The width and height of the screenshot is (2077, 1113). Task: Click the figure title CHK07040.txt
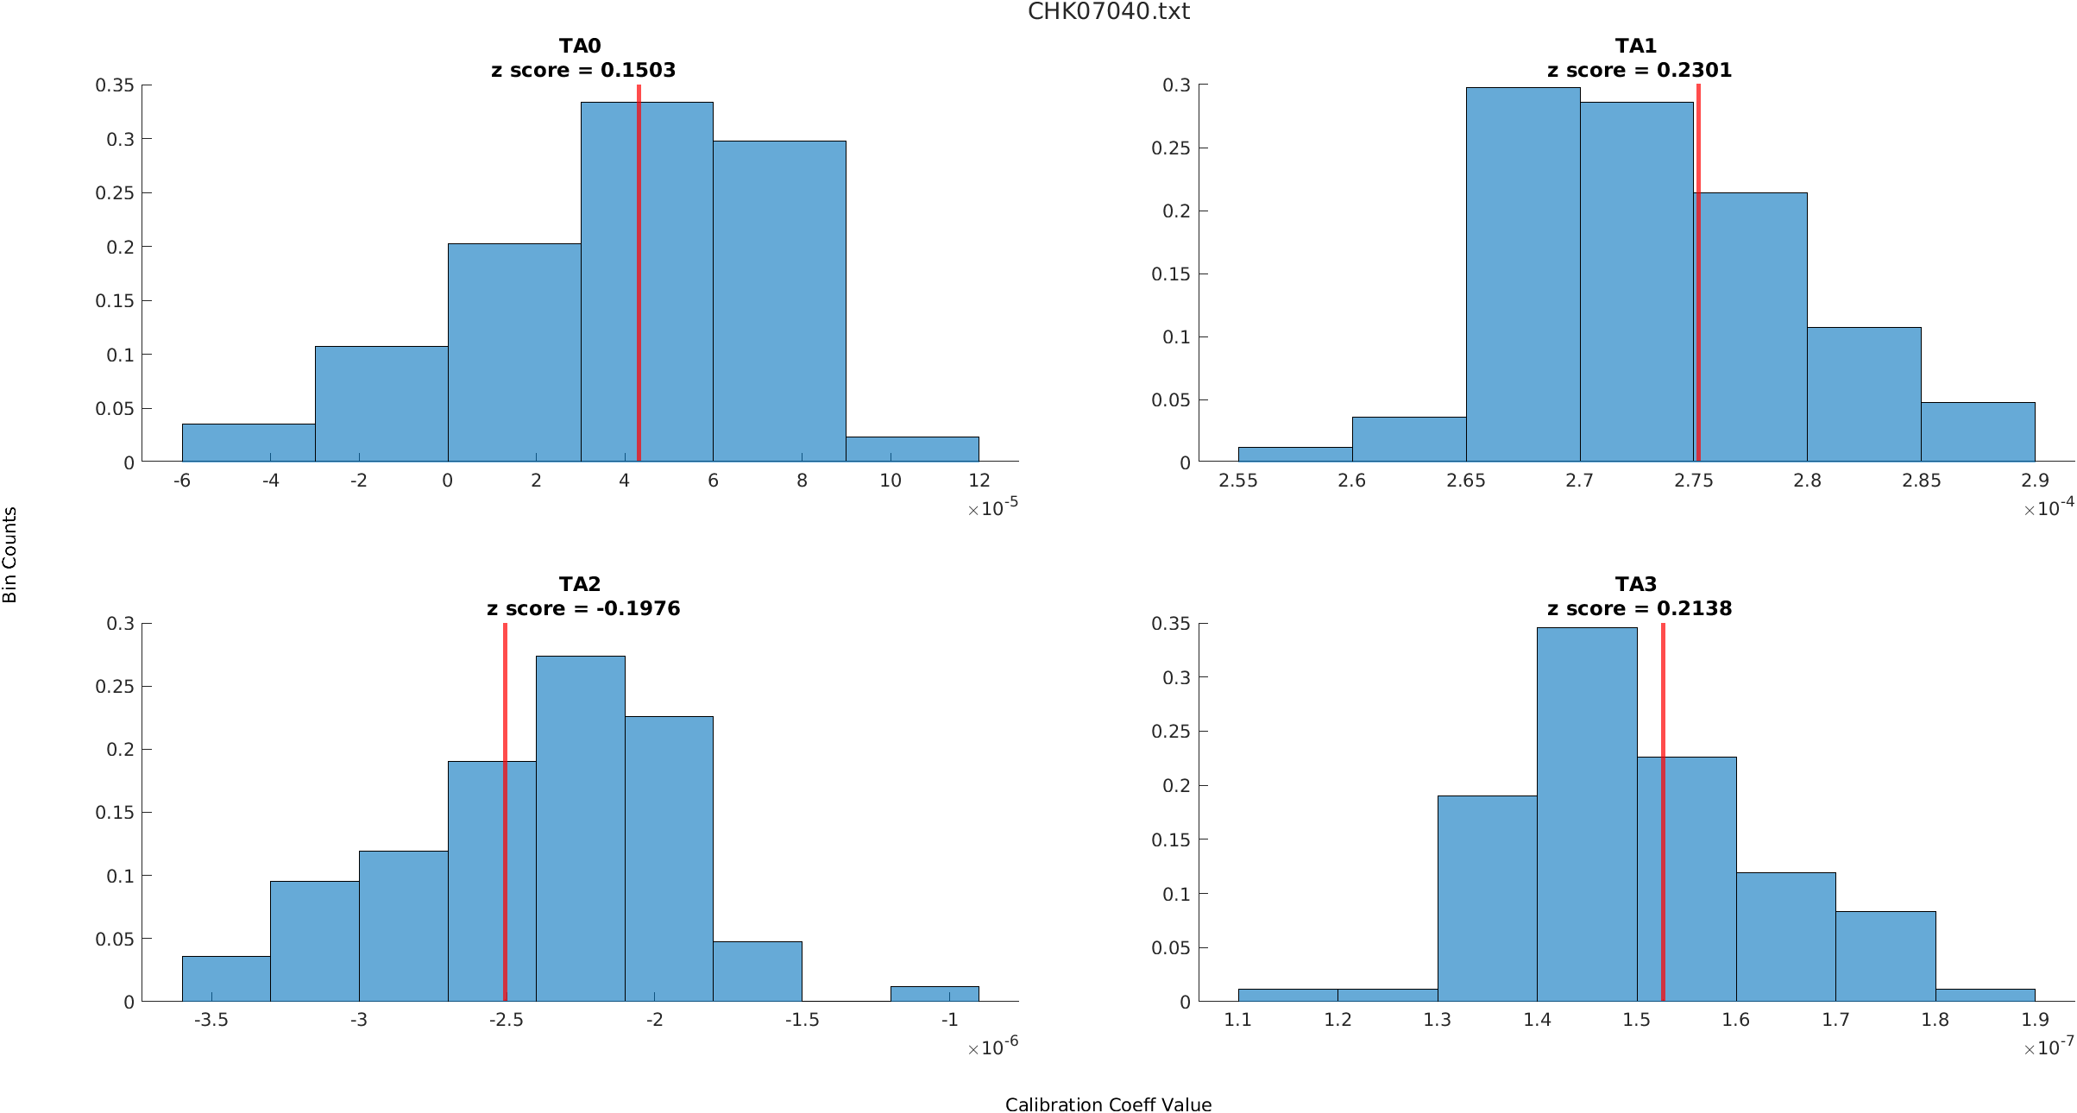pos(1108,12)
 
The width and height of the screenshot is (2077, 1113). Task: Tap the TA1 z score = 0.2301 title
pos(1638,59)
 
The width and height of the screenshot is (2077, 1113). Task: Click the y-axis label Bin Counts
pos(10,555)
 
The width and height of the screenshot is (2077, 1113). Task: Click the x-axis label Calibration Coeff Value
pos(1108,1104)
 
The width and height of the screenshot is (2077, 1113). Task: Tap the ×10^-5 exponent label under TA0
pos(992,508)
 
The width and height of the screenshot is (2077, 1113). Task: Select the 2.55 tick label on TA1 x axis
pos(1237,481)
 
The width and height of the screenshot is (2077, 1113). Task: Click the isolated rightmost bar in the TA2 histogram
pos(934,993)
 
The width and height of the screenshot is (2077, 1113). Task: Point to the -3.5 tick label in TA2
pos(211,1020)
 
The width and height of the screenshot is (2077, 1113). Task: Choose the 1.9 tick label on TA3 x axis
pos(2034,1020)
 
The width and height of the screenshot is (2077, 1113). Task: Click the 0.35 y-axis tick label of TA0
pos(115,85)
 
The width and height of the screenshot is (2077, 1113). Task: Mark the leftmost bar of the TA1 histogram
pos(1294,454)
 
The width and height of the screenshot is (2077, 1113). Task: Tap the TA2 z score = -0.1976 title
pos(582,597)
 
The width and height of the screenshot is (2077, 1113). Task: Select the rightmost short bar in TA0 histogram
pos(912,449)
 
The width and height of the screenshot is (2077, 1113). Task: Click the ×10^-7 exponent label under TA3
pos(2048,1047)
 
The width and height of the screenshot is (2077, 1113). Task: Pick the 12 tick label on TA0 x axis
pos(979,481)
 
